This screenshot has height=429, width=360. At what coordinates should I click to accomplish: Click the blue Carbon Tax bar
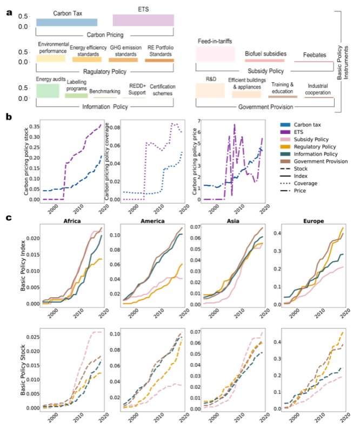point(66,22)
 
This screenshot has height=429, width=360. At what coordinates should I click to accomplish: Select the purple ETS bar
point(143,20)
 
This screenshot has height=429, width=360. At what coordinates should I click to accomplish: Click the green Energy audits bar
point(48,91)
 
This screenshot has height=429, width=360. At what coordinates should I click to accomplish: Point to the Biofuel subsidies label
point(265,54)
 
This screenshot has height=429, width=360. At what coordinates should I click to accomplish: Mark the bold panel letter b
point(9,116)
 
